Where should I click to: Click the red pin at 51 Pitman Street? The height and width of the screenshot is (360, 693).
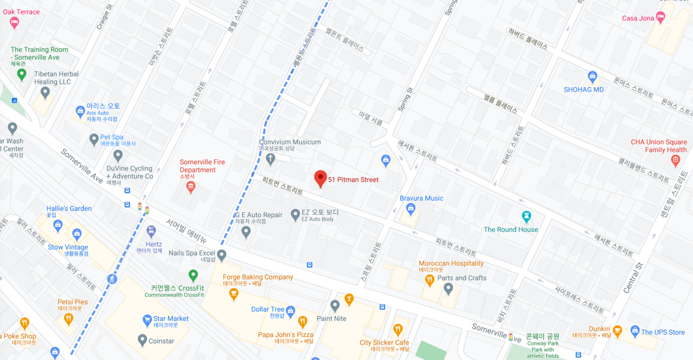point(321,179)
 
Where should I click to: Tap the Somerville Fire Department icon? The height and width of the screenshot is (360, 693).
point(191,186)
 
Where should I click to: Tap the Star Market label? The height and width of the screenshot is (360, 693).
point(171,318)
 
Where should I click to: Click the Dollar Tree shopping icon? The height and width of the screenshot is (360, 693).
point(291,310)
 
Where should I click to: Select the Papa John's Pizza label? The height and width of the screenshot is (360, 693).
point(285,335)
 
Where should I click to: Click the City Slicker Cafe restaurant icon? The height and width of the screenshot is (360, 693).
point(398,329)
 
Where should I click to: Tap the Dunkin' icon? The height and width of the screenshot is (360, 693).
point(617,331)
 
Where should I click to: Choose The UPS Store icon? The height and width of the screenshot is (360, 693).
point(635,332)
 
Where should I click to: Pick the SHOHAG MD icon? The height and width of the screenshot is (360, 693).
point(592,76)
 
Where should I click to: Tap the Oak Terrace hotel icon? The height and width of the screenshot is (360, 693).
point(14,23)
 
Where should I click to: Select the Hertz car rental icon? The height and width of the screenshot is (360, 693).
point(151,232)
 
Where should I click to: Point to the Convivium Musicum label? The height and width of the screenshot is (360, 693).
point(289,142)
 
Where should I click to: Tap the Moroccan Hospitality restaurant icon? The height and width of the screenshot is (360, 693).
point(430,281)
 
